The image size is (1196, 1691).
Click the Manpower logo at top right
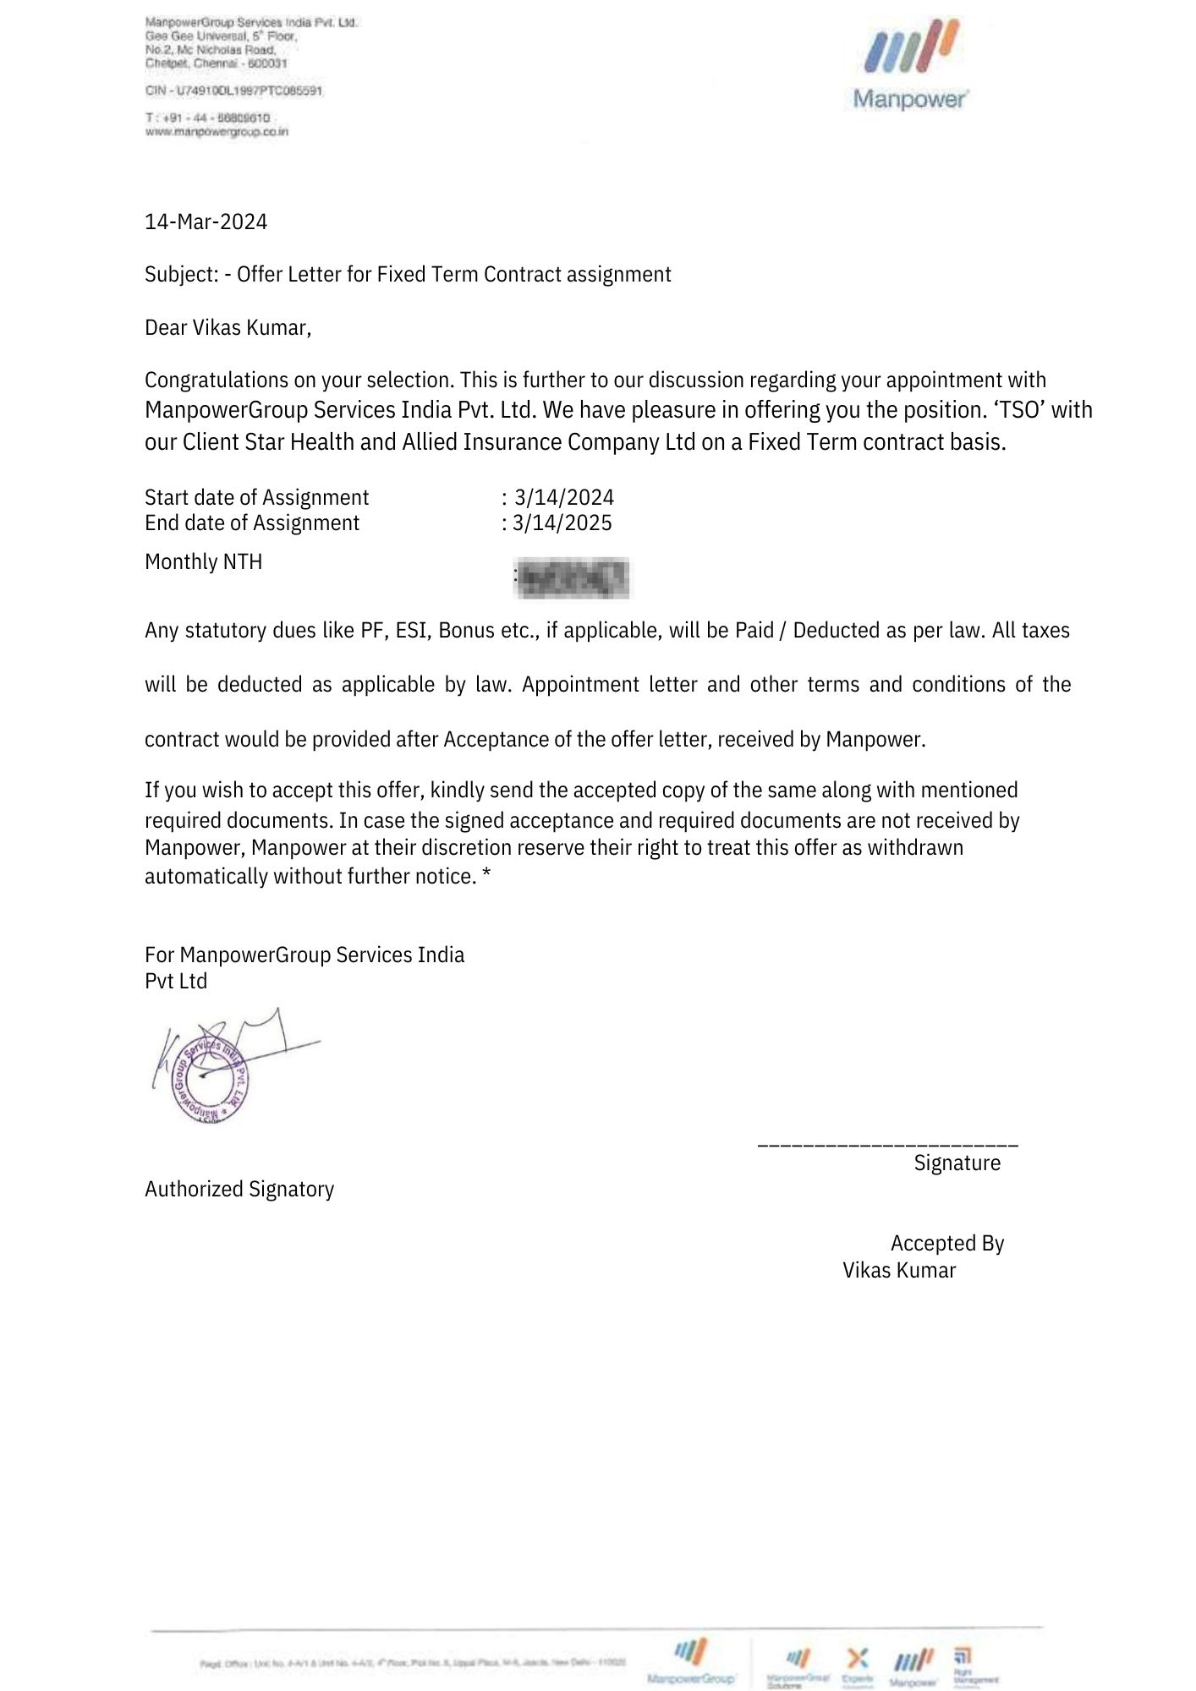tap(910, 66)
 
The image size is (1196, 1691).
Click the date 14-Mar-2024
tap(206, 222)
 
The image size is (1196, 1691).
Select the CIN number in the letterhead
tap(233, 90)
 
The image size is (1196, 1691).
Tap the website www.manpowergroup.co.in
tap(217, 132)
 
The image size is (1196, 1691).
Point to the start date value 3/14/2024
tap(564, 497)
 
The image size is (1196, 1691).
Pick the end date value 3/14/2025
tap(562, 523)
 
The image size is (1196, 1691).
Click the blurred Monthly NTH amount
tap(573, 578)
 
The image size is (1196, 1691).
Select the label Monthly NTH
tap(203, 562)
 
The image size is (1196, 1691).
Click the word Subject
tap(181, 275)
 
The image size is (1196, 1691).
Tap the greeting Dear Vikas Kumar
tap(228, 328)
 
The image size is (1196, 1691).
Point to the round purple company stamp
tap(210, 1080)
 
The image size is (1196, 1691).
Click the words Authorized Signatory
tap(239, 1190)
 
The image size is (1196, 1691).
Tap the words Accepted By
tap(946, 1244)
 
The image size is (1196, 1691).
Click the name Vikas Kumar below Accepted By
tap(898, 1271)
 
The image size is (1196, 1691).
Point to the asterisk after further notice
tap(486, 876)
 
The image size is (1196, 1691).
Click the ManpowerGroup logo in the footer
tap(690, 1661)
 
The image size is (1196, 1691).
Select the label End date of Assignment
tap(252, 523)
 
